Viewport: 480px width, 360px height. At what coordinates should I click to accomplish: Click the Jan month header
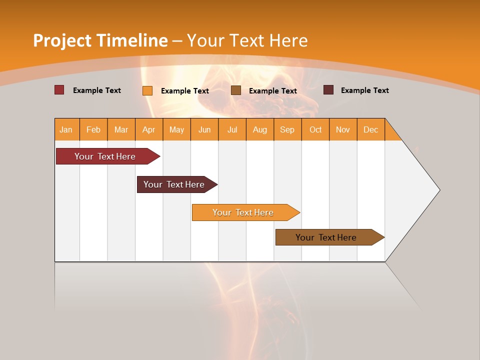pos(66,129)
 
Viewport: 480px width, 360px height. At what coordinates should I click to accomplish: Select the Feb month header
pos(93,129)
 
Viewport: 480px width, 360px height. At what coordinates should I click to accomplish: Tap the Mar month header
pos(121,129)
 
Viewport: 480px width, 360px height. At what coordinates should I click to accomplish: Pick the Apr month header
pos(149,129)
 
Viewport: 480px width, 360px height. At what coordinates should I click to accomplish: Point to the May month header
pos(176,129)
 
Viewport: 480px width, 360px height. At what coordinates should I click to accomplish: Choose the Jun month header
pos(204,129)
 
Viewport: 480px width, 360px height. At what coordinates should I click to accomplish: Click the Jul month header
pos(232,129)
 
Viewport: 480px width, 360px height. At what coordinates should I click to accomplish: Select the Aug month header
pos(260,129)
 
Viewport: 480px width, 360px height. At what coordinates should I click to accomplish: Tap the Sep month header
pos(287,129)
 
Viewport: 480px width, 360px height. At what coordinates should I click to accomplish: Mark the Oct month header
pos(315,129)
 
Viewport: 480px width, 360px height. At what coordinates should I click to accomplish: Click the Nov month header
pos(343,129)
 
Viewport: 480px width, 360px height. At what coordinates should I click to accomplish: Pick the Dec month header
pos(371,129)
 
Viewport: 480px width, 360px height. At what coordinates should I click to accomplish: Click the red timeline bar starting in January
pos(105,156)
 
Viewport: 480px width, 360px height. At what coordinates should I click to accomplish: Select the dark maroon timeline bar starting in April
pos(174,184)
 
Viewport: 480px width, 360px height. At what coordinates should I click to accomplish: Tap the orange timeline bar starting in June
pos(243,212)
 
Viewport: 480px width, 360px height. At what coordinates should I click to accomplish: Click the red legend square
pos(59,90)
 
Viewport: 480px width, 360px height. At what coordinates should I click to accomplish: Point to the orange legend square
pos(147,90)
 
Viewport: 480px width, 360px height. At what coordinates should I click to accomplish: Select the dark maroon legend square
pos(328,90)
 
